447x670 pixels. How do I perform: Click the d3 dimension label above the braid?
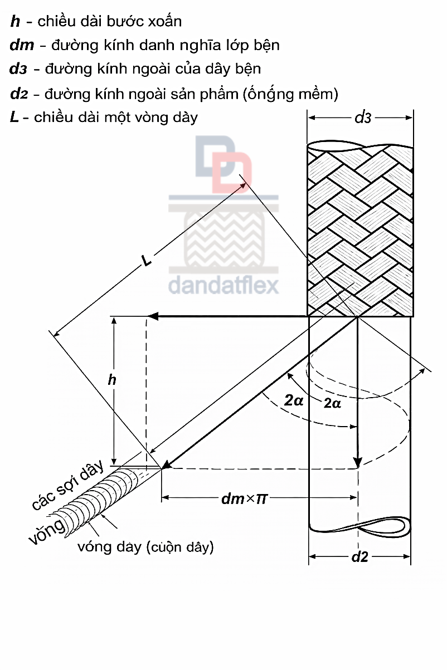(x=363, y=118)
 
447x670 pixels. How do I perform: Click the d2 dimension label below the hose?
(x=359, y=556)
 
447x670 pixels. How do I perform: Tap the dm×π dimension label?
(x=244, y=499)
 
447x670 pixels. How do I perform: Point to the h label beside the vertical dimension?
(x=111, y=380)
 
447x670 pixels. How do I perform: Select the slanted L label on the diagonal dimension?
(x=147, y=260)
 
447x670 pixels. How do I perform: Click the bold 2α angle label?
(x=294, y=400)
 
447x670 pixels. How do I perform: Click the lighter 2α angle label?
(x=332, y=403)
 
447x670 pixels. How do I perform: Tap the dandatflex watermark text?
(x=223, y=285)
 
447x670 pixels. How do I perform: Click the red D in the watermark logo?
(x=232, y=173)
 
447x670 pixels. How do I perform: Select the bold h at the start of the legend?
(x=15, y=22)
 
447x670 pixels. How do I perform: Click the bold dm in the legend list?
(x=22, y=45)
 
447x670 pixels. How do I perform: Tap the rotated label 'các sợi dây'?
(x=68, y=485)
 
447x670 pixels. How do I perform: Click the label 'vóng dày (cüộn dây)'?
(x=146, y=547)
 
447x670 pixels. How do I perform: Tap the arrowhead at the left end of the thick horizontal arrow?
(x=152, y=316)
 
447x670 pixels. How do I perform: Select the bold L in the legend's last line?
(x=14, y=117)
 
